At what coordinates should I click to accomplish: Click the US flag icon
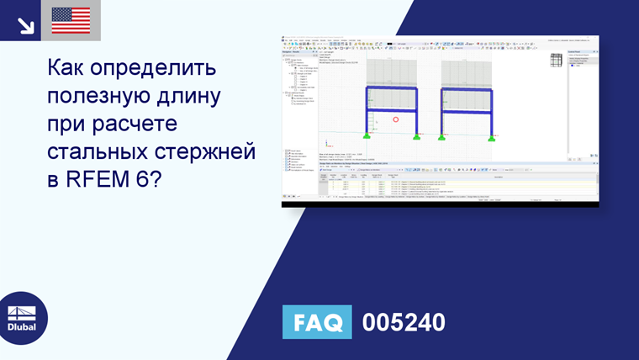[x=71, y=20]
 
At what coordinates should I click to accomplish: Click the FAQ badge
[x=317, y=323]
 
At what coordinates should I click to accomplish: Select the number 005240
[x=404, y=323]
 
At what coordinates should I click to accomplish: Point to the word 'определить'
[x=161, y=67]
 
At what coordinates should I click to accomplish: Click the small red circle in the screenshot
[x=395, y=119]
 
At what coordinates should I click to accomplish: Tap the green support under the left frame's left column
[x=367, y=135]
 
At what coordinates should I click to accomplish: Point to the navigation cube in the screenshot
[x=556, y=61]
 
